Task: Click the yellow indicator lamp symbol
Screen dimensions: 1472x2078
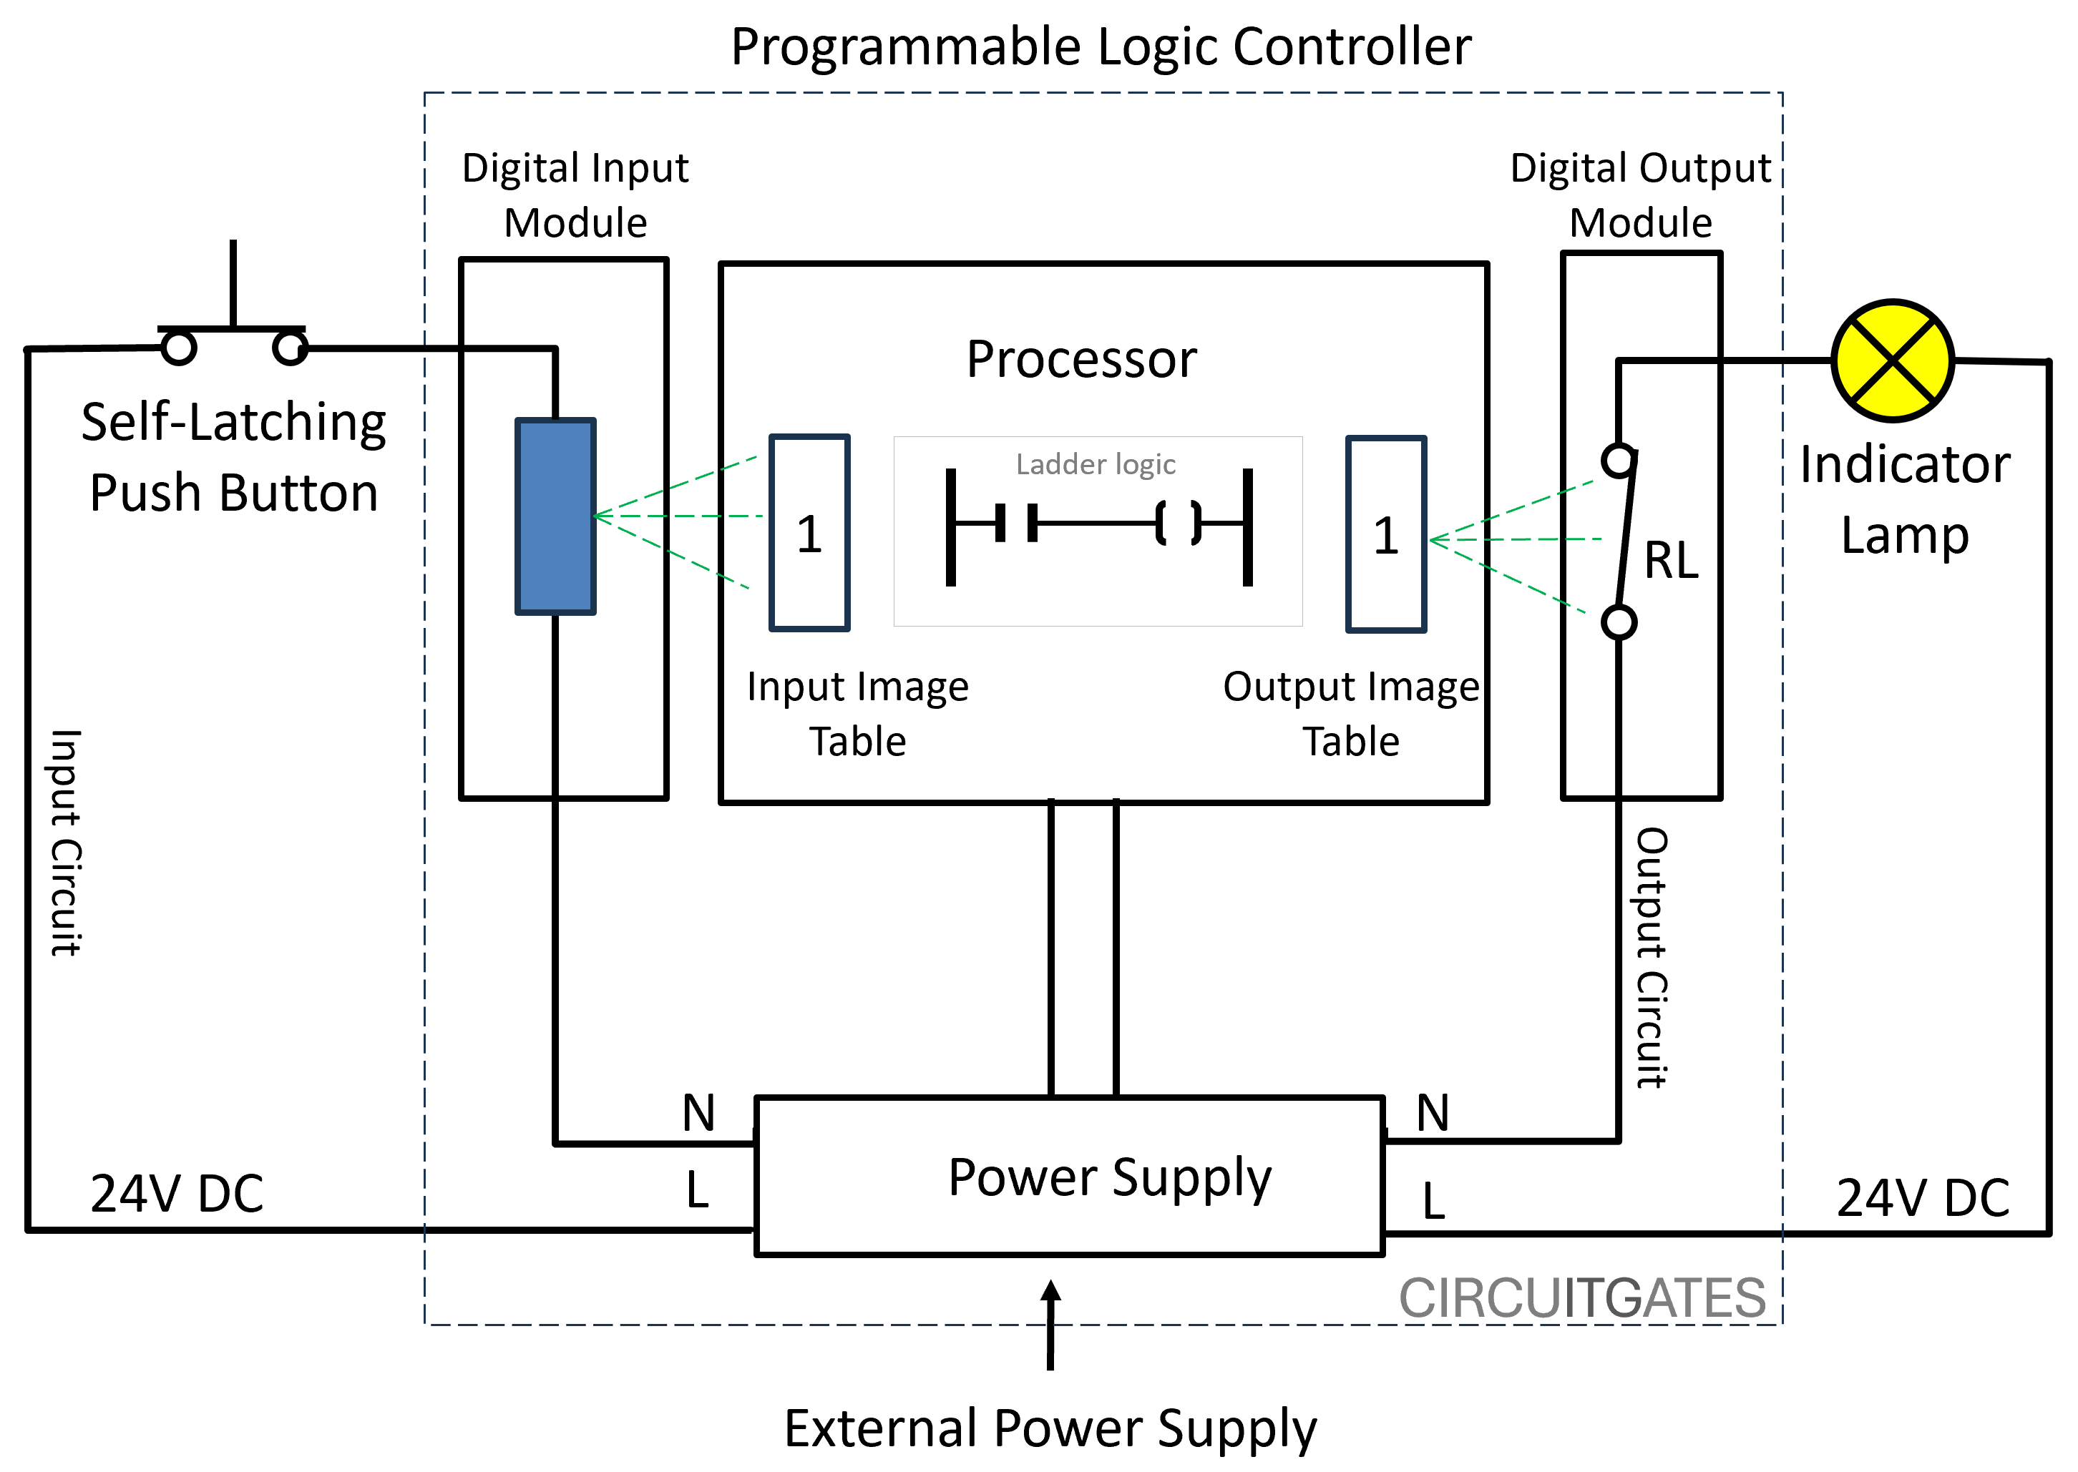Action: pos(1892,360)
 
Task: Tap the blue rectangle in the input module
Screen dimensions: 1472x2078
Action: pos(555,516)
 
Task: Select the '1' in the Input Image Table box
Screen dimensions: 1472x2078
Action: pos(809,535)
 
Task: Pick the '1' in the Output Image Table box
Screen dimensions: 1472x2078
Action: pos(1385,536)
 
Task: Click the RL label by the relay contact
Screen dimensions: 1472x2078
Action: pos(1671,560)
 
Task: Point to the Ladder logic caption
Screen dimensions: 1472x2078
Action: pos(1096,464)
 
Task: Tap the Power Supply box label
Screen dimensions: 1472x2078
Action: pos(1110,1177)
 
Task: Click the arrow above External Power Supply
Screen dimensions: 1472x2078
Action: pos(1050,1323)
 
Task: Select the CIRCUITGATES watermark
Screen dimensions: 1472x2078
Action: pos(1582,1298)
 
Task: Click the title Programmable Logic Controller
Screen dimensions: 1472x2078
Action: pos(1101,47)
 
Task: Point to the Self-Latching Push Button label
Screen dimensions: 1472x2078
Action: pos(234,457)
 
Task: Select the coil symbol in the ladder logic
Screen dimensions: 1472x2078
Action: pos(1178,523)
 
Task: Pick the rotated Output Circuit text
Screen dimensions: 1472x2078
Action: pos(1651,957)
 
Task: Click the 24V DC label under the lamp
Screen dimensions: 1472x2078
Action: pos(1922,1197)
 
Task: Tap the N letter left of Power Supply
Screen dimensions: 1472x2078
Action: pos(698,1112)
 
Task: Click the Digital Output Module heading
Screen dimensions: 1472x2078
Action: pos(1639,195)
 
